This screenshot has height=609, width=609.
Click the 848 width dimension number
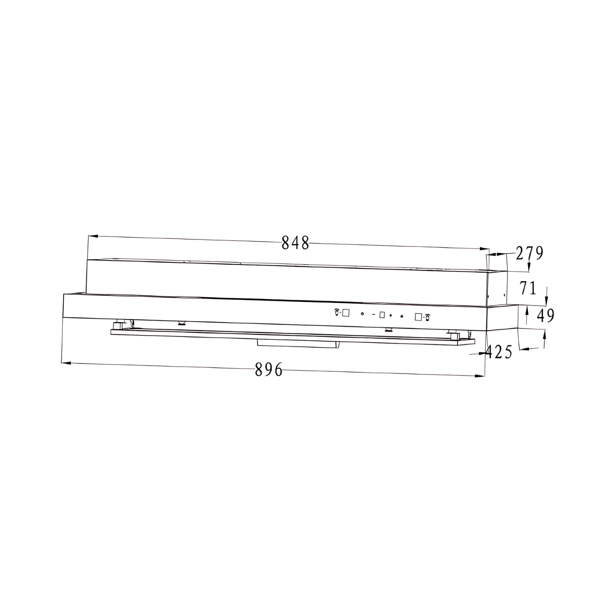pyautogui.click(x=295, y=243)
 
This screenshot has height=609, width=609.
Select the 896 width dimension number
pyautogui.click(x=269, y=370)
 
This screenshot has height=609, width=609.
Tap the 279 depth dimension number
pyautogui.click(x=529, y=253)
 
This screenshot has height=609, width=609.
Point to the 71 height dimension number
pyautogui.click(x=528, y=288)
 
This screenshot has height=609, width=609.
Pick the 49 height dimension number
pyautogui.click(x=546, y=316)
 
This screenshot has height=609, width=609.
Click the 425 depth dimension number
pyautogui.click(x=499, y=352)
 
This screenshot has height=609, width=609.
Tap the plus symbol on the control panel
pyautogui.click(x=390, y=316)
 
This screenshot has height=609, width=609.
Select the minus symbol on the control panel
pyautogui.click(x=374, y=314)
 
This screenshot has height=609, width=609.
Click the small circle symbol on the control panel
pyautogui.click(x=362, y=314)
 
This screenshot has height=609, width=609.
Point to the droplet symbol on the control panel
pyautogui.click(x=401, y=316)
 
